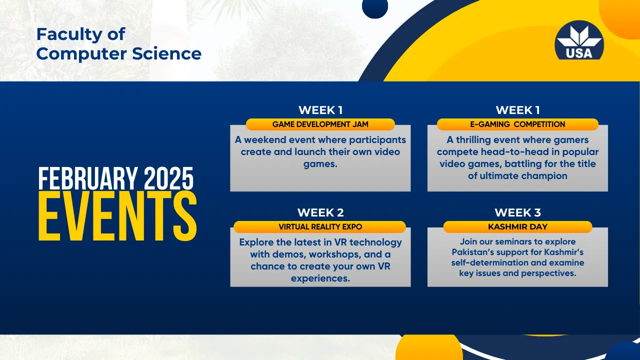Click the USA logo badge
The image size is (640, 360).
pyautogui.click(x=579, y=40)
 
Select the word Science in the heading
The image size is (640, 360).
pyautogui.click(x=166, y=53)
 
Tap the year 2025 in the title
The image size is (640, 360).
pyautogui.click(x=168, y=178)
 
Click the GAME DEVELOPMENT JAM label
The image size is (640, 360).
pyautogui.click(x=320, y=124)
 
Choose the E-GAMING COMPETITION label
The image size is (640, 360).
pyautogui.click(x=517, y=124)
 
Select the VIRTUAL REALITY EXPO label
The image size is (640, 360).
pyautogui.click(x=320, y=227)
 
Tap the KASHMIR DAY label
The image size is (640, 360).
pyautogui.click(x=517, y=227)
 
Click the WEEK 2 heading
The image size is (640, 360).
pyautogui.click(x=320, y=212)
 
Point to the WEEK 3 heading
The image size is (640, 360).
pyautogui.click(x=517, y=212)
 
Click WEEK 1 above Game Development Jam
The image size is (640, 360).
pyautogui.click(x=320, y=110)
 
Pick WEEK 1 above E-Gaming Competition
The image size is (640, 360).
pyautogui.click(x=517, y=110)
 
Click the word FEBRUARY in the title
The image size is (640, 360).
pyautogui.click(x=87, y=178)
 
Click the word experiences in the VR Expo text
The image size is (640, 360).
pyautogui.click(x=320, y=278)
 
